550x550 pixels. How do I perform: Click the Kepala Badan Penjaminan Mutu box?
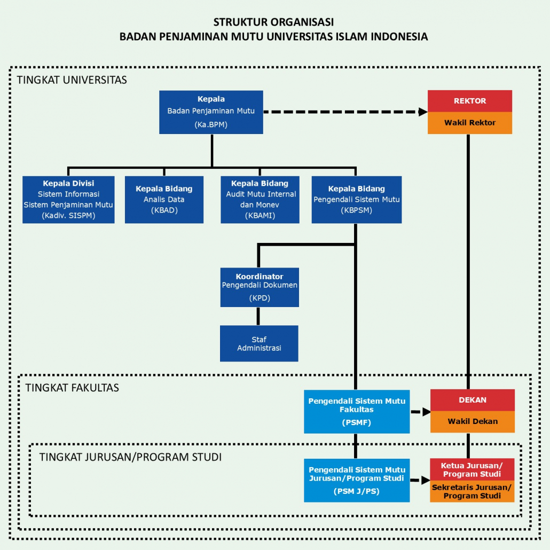[x=211, y=112]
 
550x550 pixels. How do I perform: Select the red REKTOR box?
[x=469, y=101]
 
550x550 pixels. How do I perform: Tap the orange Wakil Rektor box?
[x=469, y=123]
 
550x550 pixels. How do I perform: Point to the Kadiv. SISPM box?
[x=68, y=199]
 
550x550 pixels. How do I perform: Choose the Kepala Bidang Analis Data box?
[x=164, y=199]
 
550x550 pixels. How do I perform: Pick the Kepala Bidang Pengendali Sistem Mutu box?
[x=356, y=199]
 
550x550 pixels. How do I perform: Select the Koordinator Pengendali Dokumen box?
[x=259, y=287]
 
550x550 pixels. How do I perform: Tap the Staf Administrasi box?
[x=259, y=343]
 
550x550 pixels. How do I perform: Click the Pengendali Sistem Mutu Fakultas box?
[x=357, y=411]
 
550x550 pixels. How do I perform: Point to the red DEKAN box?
[x=473, y=400]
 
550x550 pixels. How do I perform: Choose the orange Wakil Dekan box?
[x=473, y=421]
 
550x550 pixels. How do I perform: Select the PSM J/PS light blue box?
[x=357, y=480]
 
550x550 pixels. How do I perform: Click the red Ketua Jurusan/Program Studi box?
[x=472, y=470]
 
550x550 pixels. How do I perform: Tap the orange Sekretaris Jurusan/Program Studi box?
[x=472, y=491]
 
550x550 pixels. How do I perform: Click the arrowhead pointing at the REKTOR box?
[x=423, y=112]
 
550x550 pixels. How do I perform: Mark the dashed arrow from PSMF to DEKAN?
[x=421, y=412]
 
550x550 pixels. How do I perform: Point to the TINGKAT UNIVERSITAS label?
[x=72, y=80]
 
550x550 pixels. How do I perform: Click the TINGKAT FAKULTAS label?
[x=72, y=388]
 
